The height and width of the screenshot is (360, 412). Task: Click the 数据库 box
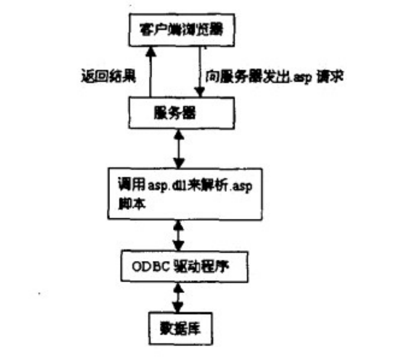click(x=180, y=327)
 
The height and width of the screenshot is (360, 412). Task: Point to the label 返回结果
click(x=107, y=77)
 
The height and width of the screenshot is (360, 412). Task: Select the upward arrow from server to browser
click(x=150, y=71)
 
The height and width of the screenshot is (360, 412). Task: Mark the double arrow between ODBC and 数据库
click(x=178, y=297)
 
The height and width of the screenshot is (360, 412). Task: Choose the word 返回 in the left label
click(x=94, y=77)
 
